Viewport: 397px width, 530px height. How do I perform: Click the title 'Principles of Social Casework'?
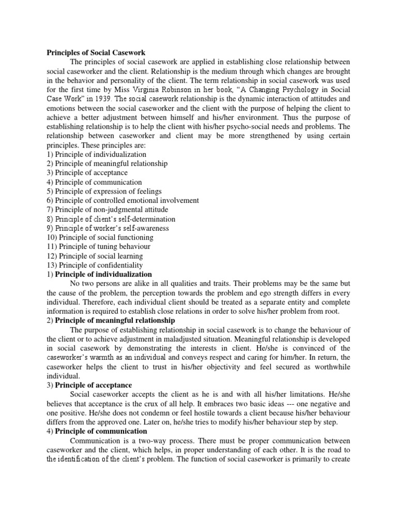point(96,53)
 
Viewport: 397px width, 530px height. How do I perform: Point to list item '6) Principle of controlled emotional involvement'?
point(123,200)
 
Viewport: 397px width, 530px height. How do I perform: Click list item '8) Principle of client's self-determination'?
point(111,219)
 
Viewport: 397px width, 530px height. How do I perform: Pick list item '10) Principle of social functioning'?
point(100,238)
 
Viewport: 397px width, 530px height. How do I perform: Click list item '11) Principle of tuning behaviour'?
point(98,247)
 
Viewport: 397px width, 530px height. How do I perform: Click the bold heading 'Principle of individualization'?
point(103,274)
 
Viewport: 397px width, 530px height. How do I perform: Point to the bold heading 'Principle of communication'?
point(101,431)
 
